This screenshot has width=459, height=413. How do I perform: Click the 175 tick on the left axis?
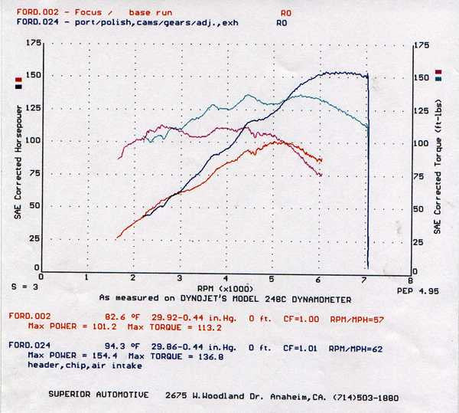[32, 44]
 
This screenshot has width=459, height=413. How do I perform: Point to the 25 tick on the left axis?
[34, 238]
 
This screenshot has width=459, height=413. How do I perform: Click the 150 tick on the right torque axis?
[422, 78]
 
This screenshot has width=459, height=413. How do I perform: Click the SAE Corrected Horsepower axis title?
[18, 160]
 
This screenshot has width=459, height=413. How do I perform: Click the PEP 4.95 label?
[417, 292]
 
